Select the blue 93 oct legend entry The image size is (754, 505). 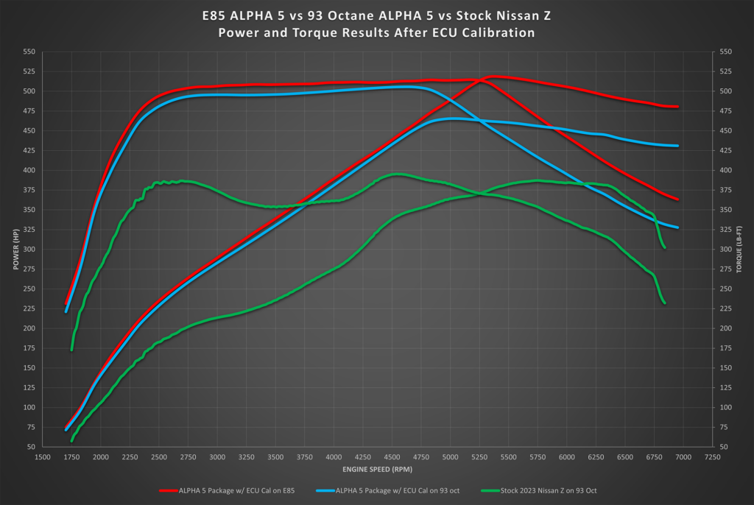coord(390,490)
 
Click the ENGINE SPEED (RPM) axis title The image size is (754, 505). coord(377,469)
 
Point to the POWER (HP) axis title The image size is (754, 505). coord(15,250)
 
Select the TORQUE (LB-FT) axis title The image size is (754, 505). coord(739,250)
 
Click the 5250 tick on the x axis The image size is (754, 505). coord(480,456)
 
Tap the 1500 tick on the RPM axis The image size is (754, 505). coord(43,456)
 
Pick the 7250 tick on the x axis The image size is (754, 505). coord(713,456)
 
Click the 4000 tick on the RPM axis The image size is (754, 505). coord(334,456)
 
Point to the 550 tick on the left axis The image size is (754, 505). coord(29,52)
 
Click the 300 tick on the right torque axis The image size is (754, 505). coord(725,250)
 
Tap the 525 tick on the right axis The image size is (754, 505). coord(725,72)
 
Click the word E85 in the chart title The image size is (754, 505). coord(216,15)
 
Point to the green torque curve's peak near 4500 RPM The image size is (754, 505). coord(396,174)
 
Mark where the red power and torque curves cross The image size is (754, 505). coord(481,80)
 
